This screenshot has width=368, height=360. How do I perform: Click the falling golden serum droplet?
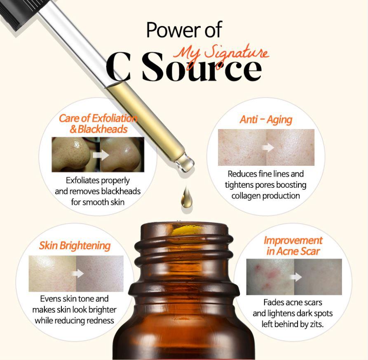187,197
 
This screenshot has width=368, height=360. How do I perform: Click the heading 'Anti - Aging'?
266,120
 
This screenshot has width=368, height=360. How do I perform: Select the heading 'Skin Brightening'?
75,246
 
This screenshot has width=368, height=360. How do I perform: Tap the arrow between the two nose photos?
101,155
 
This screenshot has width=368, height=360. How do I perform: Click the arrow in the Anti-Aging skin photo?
268,148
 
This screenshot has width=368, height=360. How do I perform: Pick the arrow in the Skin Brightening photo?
77,273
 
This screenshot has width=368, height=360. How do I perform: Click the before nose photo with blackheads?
76,155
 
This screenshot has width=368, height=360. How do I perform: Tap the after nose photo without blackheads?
122,155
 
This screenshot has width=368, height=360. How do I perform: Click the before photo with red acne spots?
270,277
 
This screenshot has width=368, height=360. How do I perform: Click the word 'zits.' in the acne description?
316,324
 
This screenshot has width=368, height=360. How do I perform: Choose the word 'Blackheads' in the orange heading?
102,129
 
